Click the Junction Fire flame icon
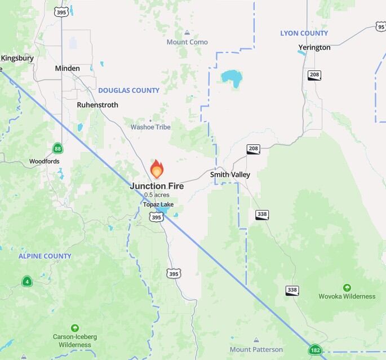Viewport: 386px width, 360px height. coord(157,168)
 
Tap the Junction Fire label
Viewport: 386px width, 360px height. coord(157,186)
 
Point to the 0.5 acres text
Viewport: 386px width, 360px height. coord(157,195)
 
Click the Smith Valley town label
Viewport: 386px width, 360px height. coord(230,175)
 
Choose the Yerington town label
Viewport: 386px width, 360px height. coord(314,47)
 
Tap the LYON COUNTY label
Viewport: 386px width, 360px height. coord(304,33)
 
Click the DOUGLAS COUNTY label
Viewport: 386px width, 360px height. coord(128,90)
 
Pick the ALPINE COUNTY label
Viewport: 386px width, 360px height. coord(45,256)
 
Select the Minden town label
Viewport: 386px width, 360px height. coord(68,68)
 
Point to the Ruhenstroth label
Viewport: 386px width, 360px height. coord(97,105)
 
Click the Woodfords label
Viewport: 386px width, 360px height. coord(45,161)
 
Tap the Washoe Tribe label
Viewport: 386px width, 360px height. coord(150,127)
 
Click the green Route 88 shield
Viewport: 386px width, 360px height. coord(58,148)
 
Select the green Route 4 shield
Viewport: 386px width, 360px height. coord(26,281)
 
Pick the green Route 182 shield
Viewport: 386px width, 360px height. coord(316,350)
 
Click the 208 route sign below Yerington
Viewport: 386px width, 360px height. coord(314,75)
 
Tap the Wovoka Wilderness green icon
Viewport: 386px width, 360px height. coord(347,287)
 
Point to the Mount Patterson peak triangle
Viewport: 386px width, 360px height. coord(256,340)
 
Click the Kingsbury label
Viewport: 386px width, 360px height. coord(17,58)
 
